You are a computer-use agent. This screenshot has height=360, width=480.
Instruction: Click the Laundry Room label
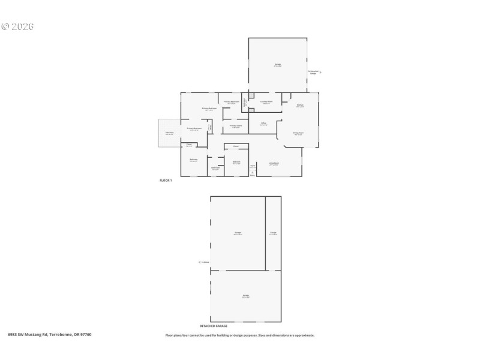(266, 103)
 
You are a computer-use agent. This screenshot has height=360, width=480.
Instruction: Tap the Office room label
(263, 124)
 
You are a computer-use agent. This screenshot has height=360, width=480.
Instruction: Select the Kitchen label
(299, 106)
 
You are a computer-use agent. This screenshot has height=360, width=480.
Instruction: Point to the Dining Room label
(298, 134)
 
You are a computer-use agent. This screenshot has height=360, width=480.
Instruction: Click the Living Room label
(274, 163)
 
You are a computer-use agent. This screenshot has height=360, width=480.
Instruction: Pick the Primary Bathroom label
(232, 103)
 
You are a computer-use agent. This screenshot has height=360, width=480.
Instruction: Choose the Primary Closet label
(236, 127)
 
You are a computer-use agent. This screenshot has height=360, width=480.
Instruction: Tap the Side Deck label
(170, 133)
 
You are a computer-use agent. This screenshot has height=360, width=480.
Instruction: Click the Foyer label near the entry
(253, 166)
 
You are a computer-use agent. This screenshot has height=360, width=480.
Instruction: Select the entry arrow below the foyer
(253, 173)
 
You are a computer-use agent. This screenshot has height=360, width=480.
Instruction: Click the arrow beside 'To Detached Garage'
(321, 72)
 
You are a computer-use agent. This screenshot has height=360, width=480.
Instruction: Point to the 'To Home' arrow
(199, 262)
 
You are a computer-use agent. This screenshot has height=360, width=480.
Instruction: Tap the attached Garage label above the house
(278, 65)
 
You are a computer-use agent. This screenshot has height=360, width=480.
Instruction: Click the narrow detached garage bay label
(273, 233)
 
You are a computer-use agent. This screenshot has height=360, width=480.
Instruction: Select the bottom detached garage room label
(245, 296)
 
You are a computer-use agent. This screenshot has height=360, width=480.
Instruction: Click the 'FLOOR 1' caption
(166, 181)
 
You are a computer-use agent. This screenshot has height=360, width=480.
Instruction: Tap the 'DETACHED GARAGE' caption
(245, 326)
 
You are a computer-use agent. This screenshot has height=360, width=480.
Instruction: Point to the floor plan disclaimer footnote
(239, 335)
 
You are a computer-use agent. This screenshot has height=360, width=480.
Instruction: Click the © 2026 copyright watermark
(17, 26)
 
